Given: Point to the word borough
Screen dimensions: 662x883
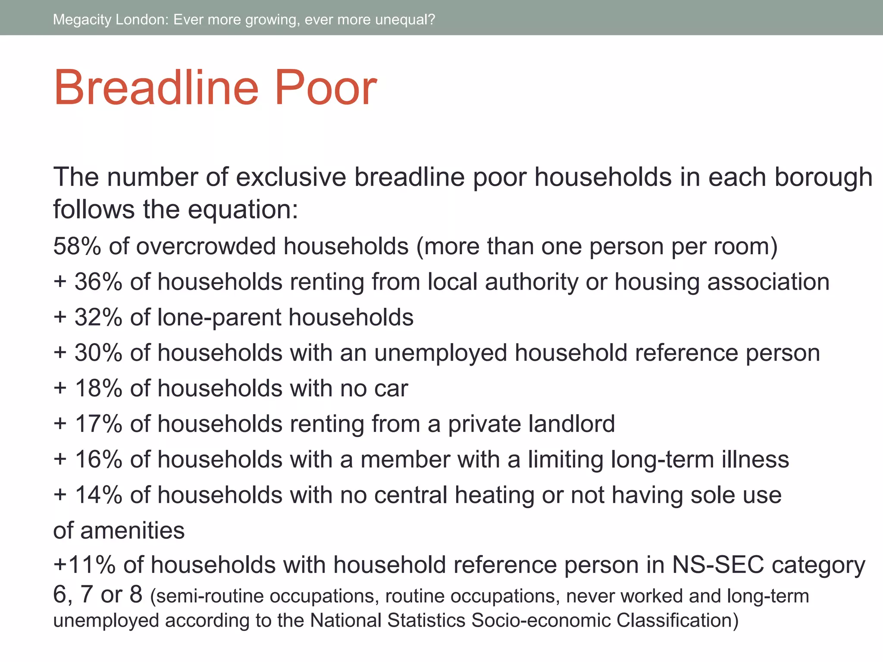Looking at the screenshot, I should (824, 178).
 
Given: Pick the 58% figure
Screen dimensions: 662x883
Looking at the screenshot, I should (77, 246).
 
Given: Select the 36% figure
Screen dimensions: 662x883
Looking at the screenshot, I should (98, 282).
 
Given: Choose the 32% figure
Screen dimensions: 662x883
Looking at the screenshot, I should (98, 317).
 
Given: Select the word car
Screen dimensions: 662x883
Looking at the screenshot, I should (391, 389).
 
